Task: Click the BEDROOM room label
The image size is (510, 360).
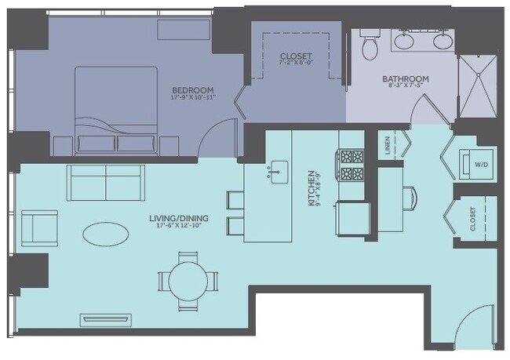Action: pyautogui.click(x=192, y=91)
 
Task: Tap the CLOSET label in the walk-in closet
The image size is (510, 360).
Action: pyautogui.click(x=296, y=57)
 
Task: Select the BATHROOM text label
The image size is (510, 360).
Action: pyautogui.click(x=406, y=79)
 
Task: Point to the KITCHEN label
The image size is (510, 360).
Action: pyautogui.click(x=311, y=187)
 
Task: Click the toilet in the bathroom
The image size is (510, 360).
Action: pyautogui.click(x=370, y=46)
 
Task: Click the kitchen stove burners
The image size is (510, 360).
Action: pyautogui.click(x=351, y=165)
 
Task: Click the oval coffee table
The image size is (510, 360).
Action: pyautogui.click(x=107, y=233)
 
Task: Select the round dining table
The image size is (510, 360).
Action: pyautogui.click(x=188, y=278)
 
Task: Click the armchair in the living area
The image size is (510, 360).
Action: pyautogui.click(x=38, y=228)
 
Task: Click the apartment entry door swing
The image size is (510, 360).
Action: pyautogui.click(x=475, y=329)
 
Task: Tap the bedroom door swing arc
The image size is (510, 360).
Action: pyautogui.click(x=219, y=137)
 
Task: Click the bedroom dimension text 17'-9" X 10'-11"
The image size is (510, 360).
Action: pyautogui.click(x=193, y=99)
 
